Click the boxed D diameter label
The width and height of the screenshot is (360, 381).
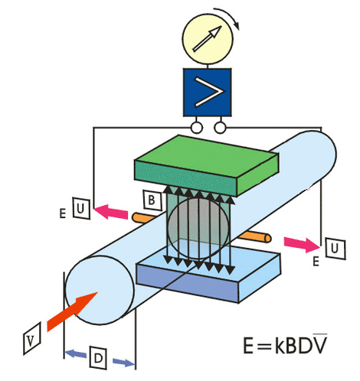point(98,357)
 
